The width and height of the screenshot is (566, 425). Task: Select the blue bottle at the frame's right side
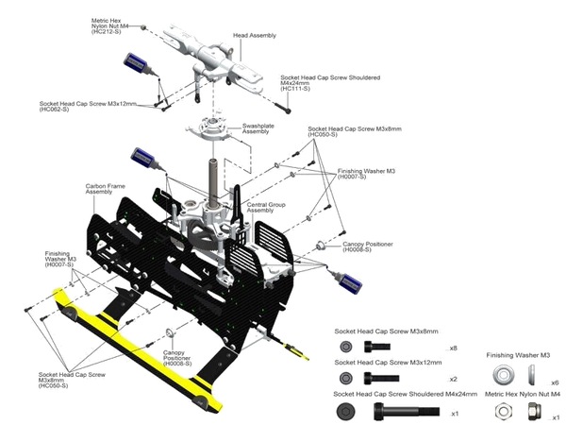pos(349,280)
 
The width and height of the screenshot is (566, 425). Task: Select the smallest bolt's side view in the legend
pos(378,347)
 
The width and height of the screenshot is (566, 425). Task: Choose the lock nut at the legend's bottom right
pos(530,410)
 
